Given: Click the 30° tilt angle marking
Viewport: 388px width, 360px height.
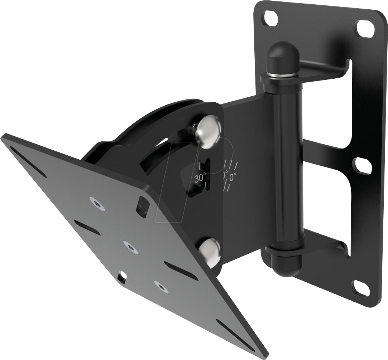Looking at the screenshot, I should [200, 178].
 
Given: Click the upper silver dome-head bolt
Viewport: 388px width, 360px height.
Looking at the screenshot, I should [209, 131].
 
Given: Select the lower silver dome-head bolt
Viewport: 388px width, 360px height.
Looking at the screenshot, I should [209, 252].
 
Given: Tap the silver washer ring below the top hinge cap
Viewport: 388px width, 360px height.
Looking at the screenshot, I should [283, 75].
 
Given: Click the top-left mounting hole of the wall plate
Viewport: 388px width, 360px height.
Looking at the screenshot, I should [270, 18].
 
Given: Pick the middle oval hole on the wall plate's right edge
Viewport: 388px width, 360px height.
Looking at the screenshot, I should [362, 166].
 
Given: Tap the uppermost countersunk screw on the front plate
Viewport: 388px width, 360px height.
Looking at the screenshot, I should [97, 203].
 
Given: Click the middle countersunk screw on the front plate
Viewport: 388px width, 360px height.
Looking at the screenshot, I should [130, 247].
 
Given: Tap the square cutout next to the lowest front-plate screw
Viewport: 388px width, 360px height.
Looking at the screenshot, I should [122, 277].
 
